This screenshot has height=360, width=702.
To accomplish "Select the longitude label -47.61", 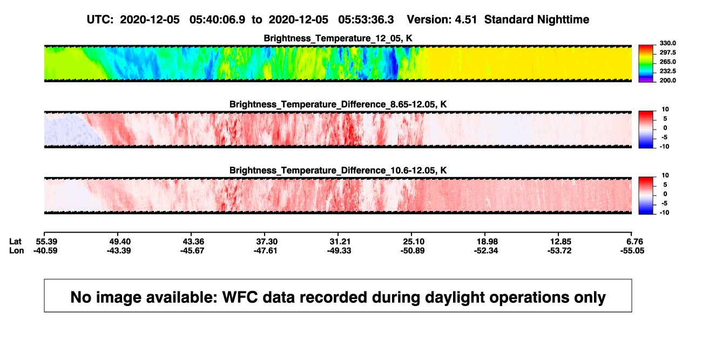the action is tap(266, 250).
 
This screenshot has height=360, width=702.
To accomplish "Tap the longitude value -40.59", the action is tap(45, 250).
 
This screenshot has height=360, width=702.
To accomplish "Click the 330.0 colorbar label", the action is tap(667, 43).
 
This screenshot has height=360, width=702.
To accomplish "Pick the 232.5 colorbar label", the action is tap(667, 71).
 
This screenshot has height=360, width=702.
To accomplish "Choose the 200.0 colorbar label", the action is tap(667, 80).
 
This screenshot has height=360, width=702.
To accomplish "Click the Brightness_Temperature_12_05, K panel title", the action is tap(338, 38).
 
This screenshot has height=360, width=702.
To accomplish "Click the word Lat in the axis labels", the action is tap(15, 242).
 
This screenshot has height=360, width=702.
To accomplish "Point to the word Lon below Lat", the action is tap(17, 250).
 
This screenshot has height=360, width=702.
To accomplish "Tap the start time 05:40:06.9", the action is tap(217, 19).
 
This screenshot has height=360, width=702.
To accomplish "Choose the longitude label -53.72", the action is tap(559, 250).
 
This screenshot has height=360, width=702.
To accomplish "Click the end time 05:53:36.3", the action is tap(366, 19).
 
